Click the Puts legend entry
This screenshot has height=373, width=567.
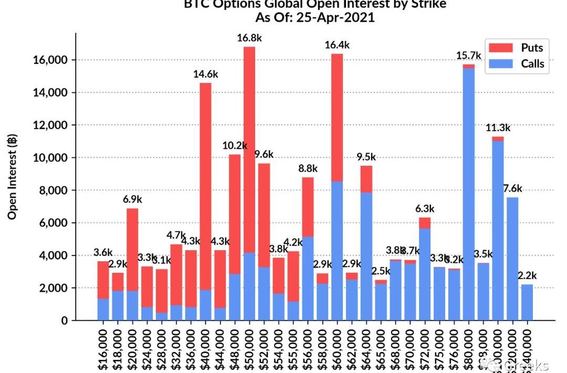point(517,48)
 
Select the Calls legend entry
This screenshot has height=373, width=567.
point(517,64)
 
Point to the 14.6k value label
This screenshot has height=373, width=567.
point(206,74)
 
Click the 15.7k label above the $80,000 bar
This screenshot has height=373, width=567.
point(469,56)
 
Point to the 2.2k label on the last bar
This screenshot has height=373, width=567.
point(527,275)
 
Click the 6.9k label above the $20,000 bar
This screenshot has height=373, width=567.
point(132,199)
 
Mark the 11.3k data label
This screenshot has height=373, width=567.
point(498,127)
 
